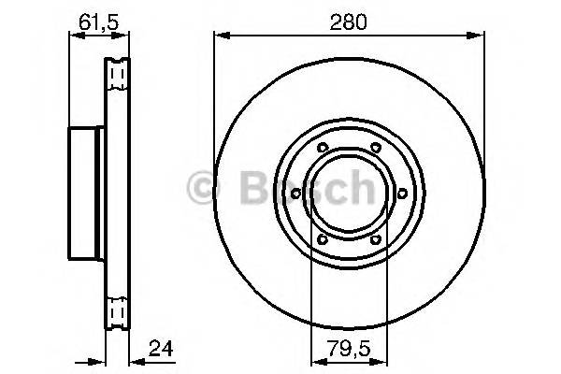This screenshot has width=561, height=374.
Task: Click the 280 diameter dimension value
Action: (350, 16)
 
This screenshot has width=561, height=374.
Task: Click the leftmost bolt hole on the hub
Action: (295, 194)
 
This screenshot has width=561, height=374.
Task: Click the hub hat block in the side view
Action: (85, 193)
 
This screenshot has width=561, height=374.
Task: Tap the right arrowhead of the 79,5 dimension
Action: (383, 363)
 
